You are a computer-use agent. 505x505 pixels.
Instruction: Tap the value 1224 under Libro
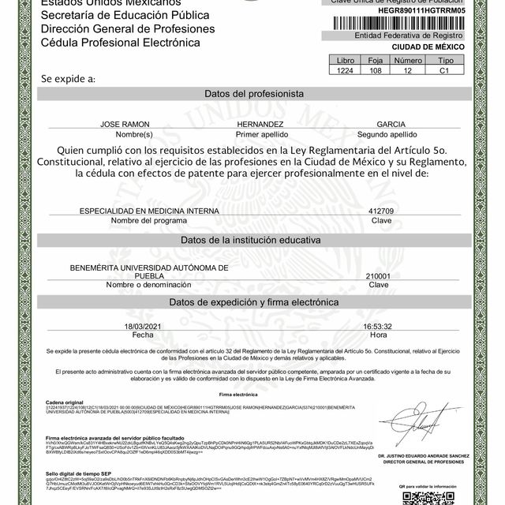coord(346,70)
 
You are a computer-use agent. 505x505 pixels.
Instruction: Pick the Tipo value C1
coord(446,70)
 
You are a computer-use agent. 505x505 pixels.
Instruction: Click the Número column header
coord(409,60)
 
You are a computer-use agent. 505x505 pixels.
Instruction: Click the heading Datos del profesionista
coord(253,93)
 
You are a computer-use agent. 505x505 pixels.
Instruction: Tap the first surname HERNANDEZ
coord(259,125)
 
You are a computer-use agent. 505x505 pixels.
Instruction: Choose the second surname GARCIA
coord(391,125)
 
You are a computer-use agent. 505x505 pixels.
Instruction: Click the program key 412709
coord(381,211)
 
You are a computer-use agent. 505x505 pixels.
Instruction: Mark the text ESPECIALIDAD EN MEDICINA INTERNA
coord(138,211)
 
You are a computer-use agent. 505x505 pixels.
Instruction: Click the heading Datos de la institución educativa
coord(253,239)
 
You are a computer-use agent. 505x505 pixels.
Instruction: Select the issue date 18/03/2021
coord(142,326)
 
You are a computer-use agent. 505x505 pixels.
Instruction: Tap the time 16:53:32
coord(378,326)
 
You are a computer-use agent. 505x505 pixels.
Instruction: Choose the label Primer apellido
coord(259,134)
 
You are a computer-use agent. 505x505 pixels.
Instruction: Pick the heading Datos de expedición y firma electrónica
coord(253,302)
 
